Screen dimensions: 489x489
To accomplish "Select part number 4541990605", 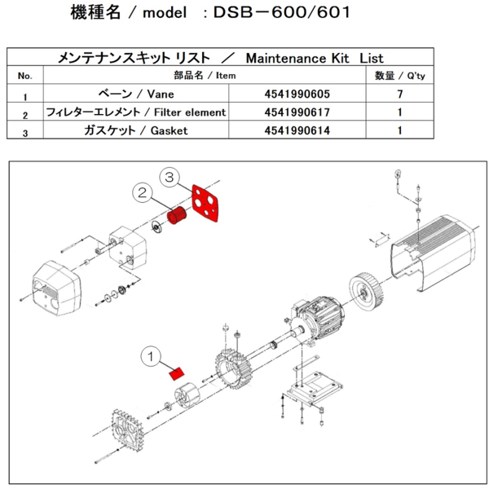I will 298,94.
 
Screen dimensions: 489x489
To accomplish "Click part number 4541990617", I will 298,112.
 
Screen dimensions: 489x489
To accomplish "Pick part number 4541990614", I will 298,130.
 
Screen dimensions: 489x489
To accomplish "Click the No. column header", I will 24,76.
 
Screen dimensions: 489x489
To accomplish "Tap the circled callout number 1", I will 152,355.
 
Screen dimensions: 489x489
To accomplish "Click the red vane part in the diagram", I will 174,374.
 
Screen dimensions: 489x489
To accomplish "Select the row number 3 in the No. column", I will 24,130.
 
